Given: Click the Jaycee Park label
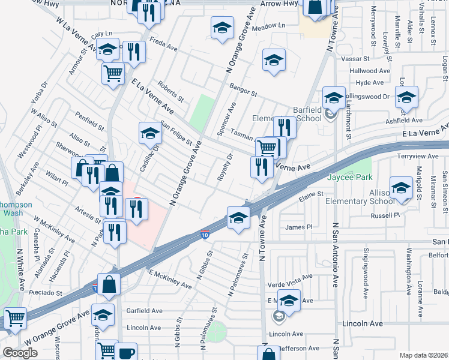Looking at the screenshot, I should click(x=349, y=177).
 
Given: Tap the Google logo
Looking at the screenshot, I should click(x=20, y=353).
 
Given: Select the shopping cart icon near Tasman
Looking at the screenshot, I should click(x=266, y=147).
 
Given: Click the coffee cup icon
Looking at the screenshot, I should click(x=127, y=352).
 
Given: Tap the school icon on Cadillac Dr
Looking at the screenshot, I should click(x=150, y=134).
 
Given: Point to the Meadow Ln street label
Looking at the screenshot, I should click(x=268, y=26).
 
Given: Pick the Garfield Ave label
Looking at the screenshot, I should click(x=145, y=311).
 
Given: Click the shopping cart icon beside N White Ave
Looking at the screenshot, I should click(x=14, y=317).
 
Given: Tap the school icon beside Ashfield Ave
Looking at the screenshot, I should click(x=406, y=97).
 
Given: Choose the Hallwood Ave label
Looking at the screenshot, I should click(x=369, y=71).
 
